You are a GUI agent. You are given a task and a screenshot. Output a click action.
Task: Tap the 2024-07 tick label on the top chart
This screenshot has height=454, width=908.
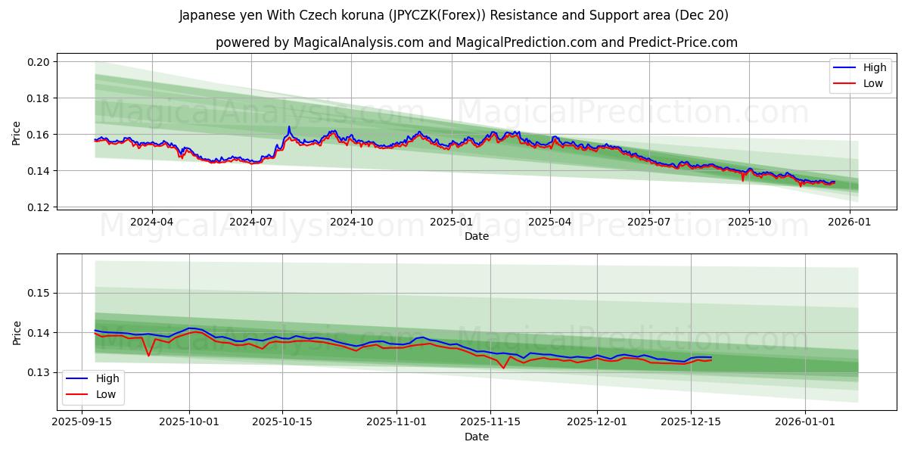[x=250, y=222]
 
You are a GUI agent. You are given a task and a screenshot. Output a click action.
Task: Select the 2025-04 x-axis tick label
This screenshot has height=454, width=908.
[x=549, y=222]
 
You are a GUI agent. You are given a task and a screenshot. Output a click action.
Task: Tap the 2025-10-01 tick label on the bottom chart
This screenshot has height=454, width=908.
[x=189, y=422]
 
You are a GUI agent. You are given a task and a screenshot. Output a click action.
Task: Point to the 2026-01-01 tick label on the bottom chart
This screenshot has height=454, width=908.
[x=805, y=422]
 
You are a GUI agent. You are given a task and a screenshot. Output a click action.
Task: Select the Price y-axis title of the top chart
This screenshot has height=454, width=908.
[x=17, y=134]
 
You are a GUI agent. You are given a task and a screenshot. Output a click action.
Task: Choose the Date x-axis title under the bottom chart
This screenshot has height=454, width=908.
[x=477, y=437]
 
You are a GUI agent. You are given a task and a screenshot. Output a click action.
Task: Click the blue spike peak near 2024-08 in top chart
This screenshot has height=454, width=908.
[x=289, y=127]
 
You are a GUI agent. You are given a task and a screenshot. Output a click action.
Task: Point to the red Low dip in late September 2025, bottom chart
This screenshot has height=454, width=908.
[x=148, y=355]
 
